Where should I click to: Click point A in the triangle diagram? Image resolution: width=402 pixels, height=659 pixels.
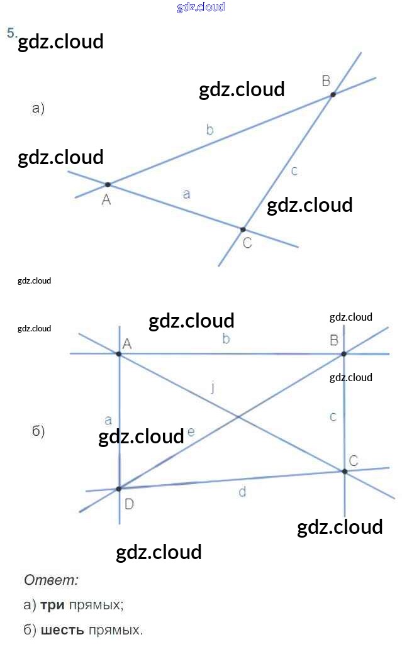coord(108,184)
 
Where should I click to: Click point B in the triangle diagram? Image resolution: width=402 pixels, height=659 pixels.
coord(333,94)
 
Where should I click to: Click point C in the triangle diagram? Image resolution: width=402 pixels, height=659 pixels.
coord(243,230)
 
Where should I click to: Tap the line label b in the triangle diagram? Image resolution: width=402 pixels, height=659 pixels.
coord(210,130)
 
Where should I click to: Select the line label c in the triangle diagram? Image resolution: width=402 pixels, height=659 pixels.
coord(294,170)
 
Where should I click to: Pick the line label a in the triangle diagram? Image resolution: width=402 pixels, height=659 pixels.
coord(186,194)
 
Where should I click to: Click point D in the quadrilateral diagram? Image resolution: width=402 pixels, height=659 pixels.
coord(118,489)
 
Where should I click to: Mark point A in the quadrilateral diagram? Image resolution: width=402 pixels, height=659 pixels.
coord(118,354)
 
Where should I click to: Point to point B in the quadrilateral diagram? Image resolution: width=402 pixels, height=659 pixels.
coord(343,354)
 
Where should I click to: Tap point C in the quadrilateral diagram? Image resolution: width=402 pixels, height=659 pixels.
coord(344,471)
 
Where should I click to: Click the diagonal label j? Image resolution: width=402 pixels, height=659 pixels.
coord(213,387)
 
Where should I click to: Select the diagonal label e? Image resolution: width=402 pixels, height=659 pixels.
coord(191,432)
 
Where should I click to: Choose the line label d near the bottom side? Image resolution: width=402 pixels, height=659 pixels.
coord(242,492)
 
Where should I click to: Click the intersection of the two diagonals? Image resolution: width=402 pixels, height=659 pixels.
coord(238,416)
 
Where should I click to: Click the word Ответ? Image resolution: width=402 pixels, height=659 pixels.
coord(51,580)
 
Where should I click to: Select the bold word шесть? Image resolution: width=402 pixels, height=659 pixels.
coord(62,629)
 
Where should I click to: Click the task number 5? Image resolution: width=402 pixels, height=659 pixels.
coord(11,33)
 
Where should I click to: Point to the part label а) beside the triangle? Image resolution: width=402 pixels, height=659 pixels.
coord(38,109)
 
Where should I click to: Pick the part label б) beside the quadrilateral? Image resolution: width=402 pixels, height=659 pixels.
coord(38,431)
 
